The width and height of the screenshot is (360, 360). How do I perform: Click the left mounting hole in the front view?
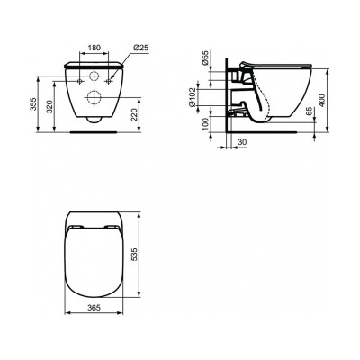click(76, 76)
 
